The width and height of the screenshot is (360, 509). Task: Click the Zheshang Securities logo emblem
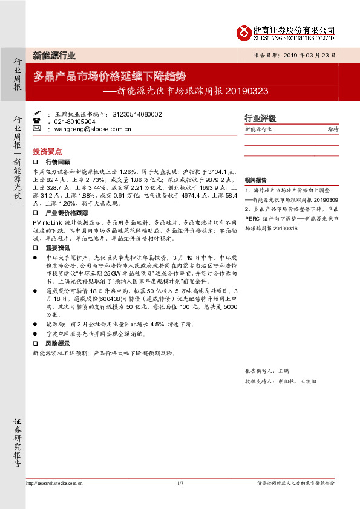point(244,32)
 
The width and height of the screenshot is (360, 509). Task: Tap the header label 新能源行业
point(54,56)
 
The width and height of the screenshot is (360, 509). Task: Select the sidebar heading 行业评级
point(260,118)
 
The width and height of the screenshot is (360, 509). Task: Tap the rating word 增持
point(333,129)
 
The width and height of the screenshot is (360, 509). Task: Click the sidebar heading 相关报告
point(256,181)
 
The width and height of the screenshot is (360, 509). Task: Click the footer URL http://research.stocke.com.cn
point(56,483)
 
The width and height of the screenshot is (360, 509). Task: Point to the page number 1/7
point(180,483)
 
